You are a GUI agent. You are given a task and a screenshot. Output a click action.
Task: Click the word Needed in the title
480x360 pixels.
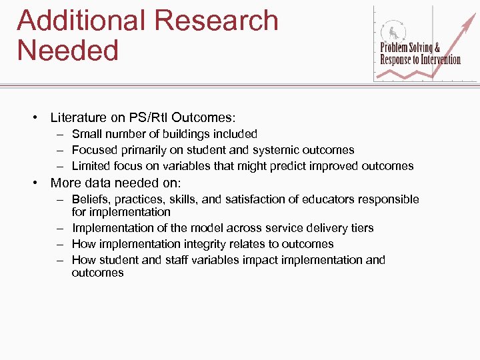68,50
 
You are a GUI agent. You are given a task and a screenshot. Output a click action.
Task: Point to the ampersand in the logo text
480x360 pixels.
437,47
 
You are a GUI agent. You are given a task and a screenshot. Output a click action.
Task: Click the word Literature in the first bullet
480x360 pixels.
77,118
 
